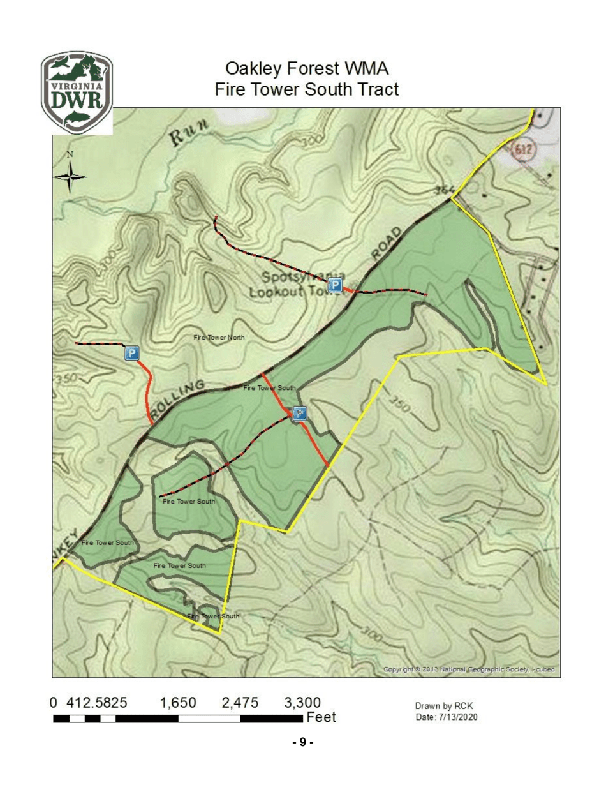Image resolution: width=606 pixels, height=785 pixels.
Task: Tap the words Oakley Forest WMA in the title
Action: pos(307,68)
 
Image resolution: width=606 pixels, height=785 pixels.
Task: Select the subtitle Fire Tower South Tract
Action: pos(307,89)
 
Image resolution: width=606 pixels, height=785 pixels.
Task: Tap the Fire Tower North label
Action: pos(219,337)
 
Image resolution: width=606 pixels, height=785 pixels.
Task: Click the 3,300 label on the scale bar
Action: pos(300,703)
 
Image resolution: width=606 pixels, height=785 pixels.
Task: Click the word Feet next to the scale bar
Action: pos(321,718)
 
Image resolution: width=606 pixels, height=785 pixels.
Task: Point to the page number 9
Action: pos(303,742)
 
